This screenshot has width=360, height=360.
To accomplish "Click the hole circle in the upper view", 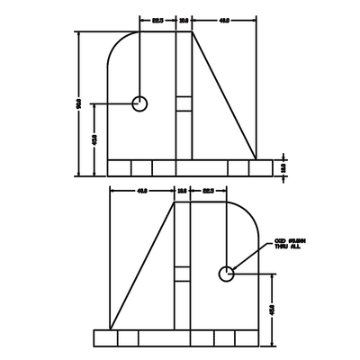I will pos(139,103).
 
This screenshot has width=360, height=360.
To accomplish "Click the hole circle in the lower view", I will pos(226,273).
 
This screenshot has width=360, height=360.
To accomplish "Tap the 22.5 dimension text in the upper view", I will pos(157,18).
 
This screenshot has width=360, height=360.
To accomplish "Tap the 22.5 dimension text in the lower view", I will pos(208,191).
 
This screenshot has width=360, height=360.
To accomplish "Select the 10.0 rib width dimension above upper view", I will pos(184,18).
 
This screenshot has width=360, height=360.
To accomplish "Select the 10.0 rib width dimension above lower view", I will pos(182,191).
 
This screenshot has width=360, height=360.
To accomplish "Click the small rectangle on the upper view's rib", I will pos(184,103).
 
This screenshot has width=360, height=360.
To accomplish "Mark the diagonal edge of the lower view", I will pos(140,265).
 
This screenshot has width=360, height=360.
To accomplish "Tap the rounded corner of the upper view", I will pos(117,41).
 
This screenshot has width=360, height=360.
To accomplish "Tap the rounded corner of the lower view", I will pos(248,211).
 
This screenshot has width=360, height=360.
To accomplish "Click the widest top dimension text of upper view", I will pos(224,18).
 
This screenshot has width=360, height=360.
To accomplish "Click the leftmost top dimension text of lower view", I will pos(141,191).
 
